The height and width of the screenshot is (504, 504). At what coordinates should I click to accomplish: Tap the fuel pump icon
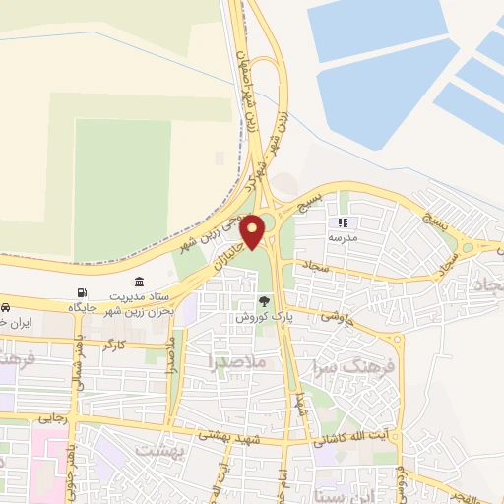(81, 293)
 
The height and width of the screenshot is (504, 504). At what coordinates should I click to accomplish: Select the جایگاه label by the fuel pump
(82, 308)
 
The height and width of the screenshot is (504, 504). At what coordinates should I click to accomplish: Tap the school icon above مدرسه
(343, 223)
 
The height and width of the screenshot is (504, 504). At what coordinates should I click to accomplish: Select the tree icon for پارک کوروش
(263, 301)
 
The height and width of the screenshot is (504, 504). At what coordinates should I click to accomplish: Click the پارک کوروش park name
(258, 318)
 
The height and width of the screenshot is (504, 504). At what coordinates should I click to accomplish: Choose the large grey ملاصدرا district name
(238, 361)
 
